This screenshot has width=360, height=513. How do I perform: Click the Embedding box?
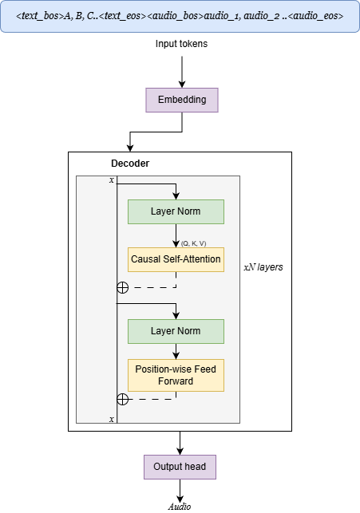tap(181, 100)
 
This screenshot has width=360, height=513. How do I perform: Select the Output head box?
tap(180, 467)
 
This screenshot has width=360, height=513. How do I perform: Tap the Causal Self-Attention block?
tap(176, 259)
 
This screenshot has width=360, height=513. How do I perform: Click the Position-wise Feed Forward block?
tap(176, 375)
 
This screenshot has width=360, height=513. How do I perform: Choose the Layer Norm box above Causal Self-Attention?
tap(176, 211)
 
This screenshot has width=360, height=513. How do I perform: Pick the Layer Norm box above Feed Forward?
tap(176, 331)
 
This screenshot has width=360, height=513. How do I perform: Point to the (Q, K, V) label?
tap(193, 243)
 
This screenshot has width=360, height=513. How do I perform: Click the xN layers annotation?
tap(263, 267)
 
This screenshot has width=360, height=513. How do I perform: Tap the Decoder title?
tap(130, 164)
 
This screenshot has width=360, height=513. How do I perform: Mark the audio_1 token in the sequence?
tap(224, 15)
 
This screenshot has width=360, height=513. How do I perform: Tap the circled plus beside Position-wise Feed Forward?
tap(122, 399)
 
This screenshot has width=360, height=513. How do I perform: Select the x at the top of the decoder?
tap(112, 180)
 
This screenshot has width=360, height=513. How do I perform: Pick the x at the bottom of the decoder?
tap(112, 419)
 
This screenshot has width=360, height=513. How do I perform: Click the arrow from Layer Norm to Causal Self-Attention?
tap(176, 235)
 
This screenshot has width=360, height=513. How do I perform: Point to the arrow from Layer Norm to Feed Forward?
tap(176, 351)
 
